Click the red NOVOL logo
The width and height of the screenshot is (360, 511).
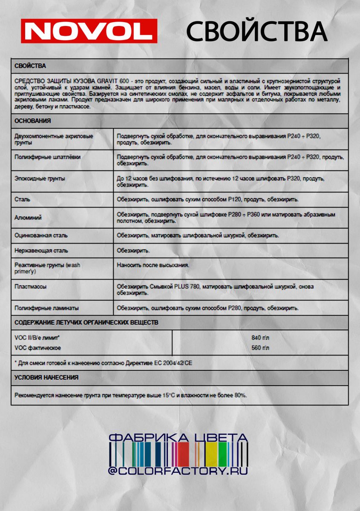[x=89, y=31]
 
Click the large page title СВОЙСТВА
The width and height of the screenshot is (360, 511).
[x=256, y=32]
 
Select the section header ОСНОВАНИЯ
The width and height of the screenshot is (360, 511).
[x=33, y=121]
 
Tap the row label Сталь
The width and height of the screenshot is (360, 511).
[x=22, y=199]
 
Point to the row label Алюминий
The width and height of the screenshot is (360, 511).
[x=28, y=218]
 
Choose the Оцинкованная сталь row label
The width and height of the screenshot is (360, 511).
[x=41, y=235]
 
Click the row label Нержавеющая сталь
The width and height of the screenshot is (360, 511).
[x=41, y=251]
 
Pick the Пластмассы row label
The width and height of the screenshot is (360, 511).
[x=30, y=287]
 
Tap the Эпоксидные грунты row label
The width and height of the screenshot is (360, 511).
[x=40, y=179]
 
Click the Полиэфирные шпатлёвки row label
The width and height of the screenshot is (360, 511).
[x=47, y=157]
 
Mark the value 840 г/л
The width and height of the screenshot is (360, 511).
[x=260, y=338]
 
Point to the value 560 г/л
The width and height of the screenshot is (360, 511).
[x=260, y=348]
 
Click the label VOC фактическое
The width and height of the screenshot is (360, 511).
[x=37, y=348]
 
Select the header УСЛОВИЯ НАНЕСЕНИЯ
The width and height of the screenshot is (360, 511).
[x=46, y=377]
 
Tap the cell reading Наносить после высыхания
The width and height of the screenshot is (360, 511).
[x=153, y=265]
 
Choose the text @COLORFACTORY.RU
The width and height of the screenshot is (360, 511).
[x=178, y=471]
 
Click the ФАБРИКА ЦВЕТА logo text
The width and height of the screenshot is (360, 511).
[x=178, y=438]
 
